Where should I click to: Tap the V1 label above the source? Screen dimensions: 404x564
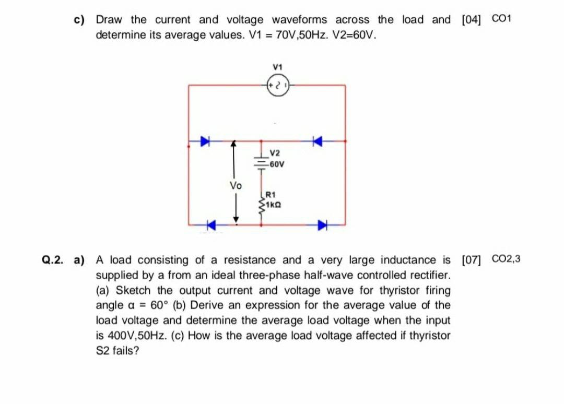[277, 67]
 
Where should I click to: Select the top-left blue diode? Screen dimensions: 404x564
[206, 140]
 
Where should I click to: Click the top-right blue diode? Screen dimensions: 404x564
[317, 140]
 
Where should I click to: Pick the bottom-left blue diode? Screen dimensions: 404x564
[210, 225]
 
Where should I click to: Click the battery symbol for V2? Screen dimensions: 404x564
[261, 159]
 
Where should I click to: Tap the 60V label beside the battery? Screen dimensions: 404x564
[276, 164]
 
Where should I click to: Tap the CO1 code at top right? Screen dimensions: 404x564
[502, 19]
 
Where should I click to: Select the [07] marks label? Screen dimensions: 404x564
[472, 259]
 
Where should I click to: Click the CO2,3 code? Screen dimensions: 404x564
[506, 259]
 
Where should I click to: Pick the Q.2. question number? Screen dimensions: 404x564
[54, 260]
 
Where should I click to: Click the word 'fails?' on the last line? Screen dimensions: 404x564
[127, 350]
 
